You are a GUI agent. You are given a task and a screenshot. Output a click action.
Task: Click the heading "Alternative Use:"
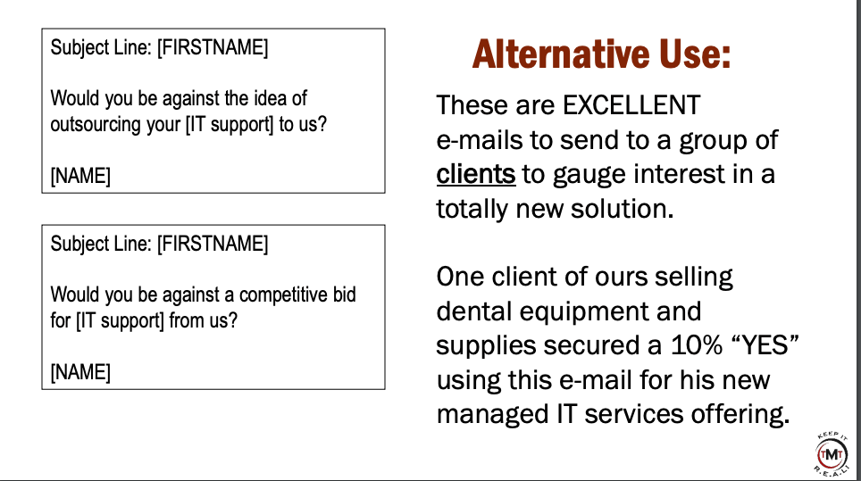point(601,54)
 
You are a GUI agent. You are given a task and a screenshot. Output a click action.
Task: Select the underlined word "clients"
point(475,174)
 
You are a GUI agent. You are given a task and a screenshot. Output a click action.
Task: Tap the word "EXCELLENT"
point(631,105)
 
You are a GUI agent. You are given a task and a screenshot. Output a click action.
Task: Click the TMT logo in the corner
point(832,454)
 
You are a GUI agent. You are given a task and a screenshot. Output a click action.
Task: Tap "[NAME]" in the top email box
point(80,176)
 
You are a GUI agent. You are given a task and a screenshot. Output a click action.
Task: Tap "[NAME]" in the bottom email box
point(80,372)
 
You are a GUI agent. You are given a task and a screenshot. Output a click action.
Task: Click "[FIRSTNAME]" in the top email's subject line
point(213,47)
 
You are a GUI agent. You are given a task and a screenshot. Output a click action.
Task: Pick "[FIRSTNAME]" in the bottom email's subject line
point(213,244)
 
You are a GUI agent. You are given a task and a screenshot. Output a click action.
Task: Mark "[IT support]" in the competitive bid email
point(120,321)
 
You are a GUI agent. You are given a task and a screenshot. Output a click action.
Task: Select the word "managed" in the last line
point(492,415)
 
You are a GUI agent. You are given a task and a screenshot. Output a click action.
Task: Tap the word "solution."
point(622,209)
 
